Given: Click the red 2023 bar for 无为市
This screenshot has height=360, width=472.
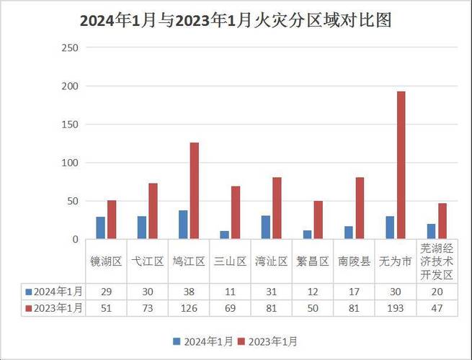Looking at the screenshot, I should (x=401, y=166).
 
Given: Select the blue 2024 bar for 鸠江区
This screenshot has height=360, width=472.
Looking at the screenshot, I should (x=183, y=225).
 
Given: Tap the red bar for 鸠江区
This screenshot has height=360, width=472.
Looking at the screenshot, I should (x=194, y=191).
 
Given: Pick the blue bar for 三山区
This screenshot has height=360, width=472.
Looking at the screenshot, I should (x=224, y=235).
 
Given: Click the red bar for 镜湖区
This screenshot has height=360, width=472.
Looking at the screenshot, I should (x=111, y=220).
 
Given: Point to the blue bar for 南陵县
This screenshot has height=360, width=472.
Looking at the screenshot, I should (x=349, y=233).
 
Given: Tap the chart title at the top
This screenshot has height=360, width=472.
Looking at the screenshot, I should (x=236, y=20).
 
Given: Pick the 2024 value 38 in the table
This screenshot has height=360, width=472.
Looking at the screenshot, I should (x=188, y=292).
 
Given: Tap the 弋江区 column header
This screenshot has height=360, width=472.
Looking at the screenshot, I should (x=147, y=261).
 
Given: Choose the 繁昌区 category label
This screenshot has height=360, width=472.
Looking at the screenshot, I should (x=313, y=261).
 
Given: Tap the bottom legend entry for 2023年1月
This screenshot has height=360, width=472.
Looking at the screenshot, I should (x=268, y=341).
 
